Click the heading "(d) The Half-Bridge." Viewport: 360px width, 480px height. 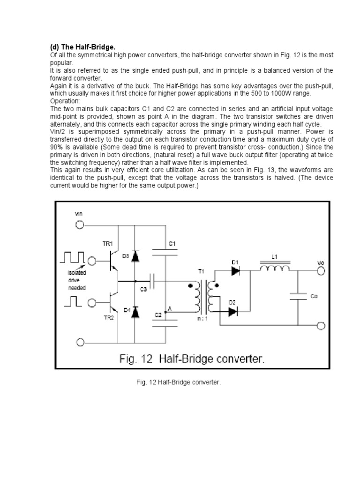82,48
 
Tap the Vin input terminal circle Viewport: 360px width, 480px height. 80,225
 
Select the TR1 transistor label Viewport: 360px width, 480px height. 108,244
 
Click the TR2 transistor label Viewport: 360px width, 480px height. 108,317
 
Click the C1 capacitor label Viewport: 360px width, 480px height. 172,244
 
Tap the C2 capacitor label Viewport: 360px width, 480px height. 158,315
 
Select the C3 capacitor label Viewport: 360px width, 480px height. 143,289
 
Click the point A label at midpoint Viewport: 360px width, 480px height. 169,309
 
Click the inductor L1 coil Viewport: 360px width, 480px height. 275,269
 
